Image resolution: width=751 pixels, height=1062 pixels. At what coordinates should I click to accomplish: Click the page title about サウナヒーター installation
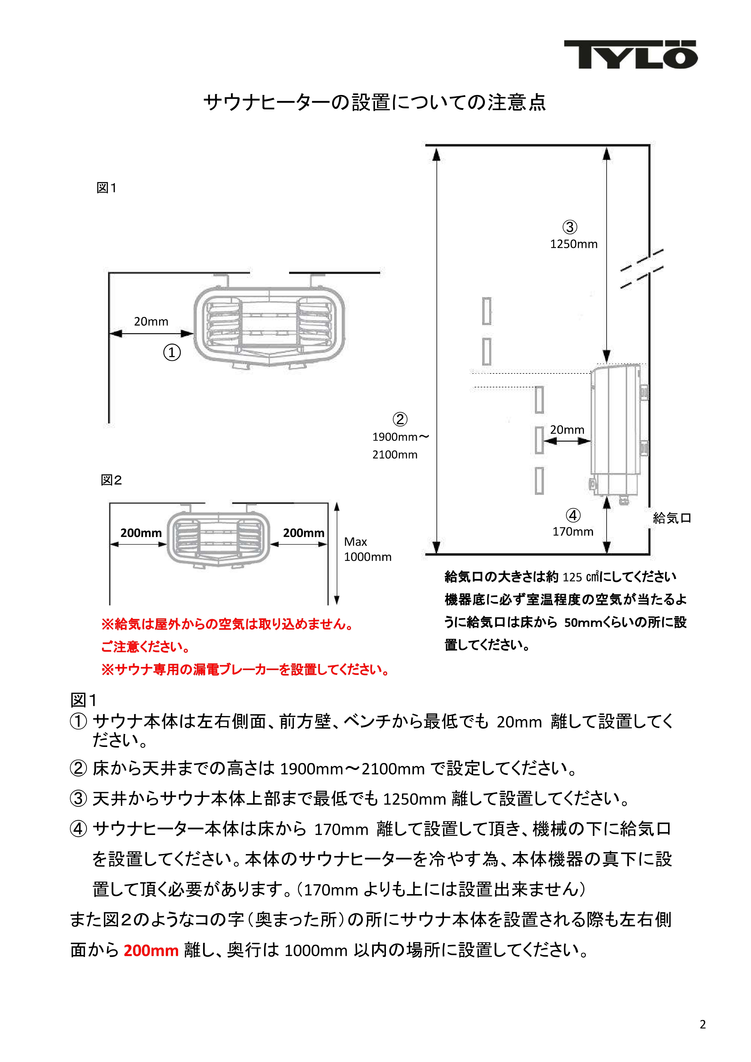tap(375, 102)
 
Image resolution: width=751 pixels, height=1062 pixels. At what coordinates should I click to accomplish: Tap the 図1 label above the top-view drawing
tap(107, 188)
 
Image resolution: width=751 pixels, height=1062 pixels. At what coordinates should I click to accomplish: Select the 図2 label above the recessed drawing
tap(111, 480)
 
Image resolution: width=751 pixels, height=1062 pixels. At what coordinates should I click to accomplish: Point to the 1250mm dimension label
tap(574, 244)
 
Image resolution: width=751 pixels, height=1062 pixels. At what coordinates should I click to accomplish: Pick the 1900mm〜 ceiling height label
tap(401, 437)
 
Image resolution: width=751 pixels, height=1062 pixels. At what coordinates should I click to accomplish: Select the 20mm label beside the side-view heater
tap(567, 430)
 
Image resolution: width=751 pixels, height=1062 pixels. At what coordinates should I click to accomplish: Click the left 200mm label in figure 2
tap(141, 533)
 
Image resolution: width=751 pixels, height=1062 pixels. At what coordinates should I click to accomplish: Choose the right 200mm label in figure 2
tap(304, 533)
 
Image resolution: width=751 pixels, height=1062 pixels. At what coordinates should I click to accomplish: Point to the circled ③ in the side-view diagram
tap(570, 227)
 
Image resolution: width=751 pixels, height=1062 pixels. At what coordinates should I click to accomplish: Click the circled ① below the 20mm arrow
tap(172, 353)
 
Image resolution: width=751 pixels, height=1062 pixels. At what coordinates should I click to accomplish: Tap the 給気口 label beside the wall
tap(672, 518)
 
